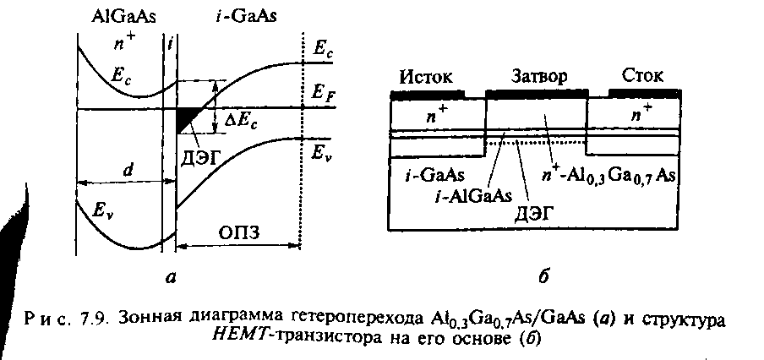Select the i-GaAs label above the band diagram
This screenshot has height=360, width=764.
coord(222,17)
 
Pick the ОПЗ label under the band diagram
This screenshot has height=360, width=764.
coord(237,231)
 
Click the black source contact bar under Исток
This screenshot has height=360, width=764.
coord(428,92)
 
